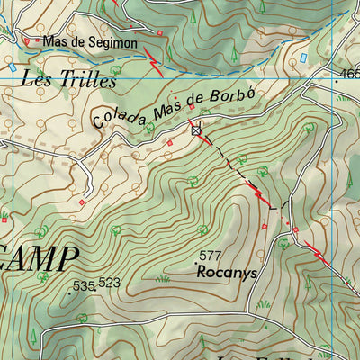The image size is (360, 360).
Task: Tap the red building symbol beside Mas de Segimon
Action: click(27, 40)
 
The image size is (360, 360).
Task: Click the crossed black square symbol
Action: click(196, 130)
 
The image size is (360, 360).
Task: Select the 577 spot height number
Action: click(211, 256)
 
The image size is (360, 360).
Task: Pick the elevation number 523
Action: click(110, 283)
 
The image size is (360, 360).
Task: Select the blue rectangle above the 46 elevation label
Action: click(303, 58)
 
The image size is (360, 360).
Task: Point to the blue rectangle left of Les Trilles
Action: click(13, 66)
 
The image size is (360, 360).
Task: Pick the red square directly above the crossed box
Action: click(190, 107)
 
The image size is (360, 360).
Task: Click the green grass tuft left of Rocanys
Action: click(161, 279)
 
